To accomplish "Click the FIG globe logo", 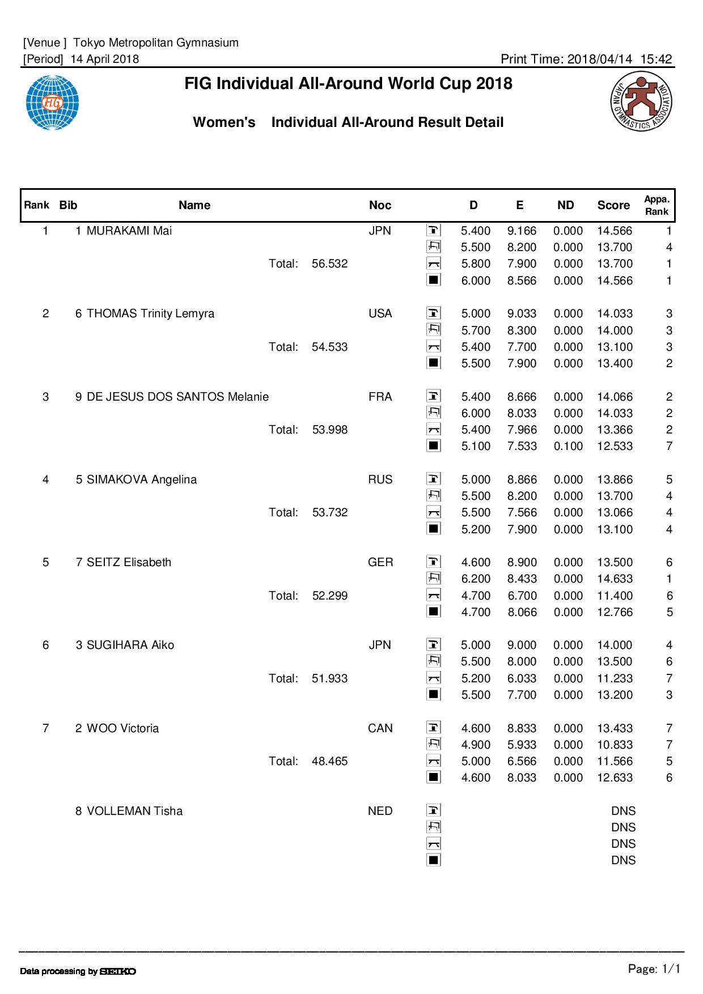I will (x=52, y=103).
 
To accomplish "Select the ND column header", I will (x=565, y=205).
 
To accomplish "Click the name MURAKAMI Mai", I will (x=129, y=231).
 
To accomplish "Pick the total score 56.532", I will (x=329, y=264).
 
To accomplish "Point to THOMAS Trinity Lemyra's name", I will (x=150, y=313).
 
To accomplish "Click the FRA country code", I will (x=380, y=397).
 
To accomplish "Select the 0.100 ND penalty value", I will (x=568, y=446).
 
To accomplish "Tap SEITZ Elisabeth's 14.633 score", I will (x=615, y=579).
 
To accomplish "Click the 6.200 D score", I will (x=476, y=579).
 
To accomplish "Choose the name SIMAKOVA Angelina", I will (x=141, y=479).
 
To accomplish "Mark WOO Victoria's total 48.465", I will (x=329, y=761).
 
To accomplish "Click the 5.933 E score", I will (x=522, y=745).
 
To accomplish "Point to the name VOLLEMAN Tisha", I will (x=134, y=811).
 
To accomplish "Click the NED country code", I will (x=380, y=811).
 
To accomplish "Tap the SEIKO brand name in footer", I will (x=118, y=971).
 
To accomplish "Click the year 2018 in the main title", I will (x=494, y=84).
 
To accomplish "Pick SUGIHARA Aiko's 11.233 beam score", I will (x=615, y=678).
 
